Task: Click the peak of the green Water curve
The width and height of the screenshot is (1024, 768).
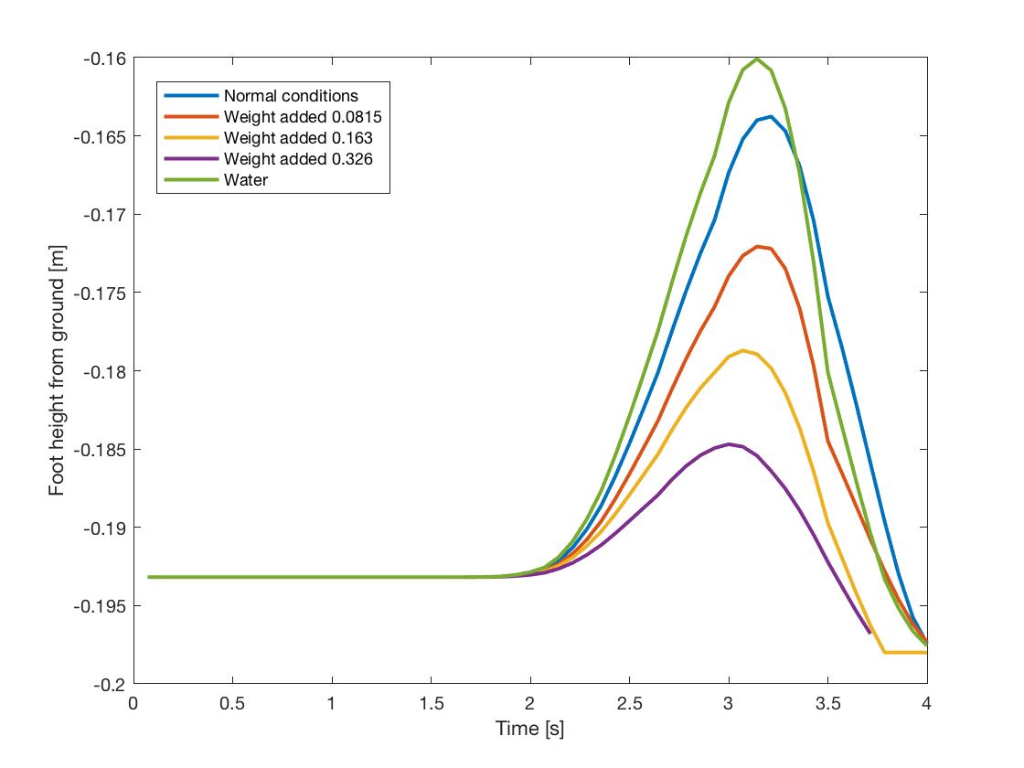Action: point(757,59)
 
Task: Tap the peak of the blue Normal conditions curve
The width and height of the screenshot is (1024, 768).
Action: point(770,116)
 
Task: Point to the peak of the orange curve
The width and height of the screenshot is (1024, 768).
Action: point(759,246)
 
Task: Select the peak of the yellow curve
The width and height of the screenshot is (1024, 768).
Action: point(743,350)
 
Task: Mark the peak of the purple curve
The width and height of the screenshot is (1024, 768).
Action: point(730,443)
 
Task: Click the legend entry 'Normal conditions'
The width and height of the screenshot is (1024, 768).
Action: point(291,95)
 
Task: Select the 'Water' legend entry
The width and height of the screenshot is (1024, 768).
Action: point(246,180)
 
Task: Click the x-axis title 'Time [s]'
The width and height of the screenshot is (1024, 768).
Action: point(530,729)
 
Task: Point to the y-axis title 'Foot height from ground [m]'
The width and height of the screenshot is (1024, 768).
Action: point(58,370)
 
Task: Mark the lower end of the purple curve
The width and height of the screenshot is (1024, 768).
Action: point(869,632)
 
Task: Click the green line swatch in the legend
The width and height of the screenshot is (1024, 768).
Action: point(190,180)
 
